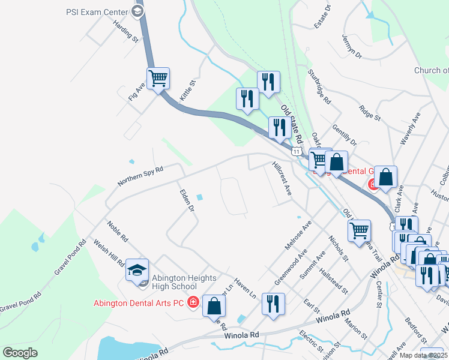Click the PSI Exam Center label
pos(97,11)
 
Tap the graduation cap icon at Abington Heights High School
pos(137,271)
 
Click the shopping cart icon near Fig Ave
pos(158,78)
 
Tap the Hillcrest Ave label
pos(281,178)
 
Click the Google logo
pos(20,353)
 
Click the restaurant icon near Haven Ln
pos(273,304)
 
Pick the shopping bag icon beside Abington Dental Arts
pos(214,305)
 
